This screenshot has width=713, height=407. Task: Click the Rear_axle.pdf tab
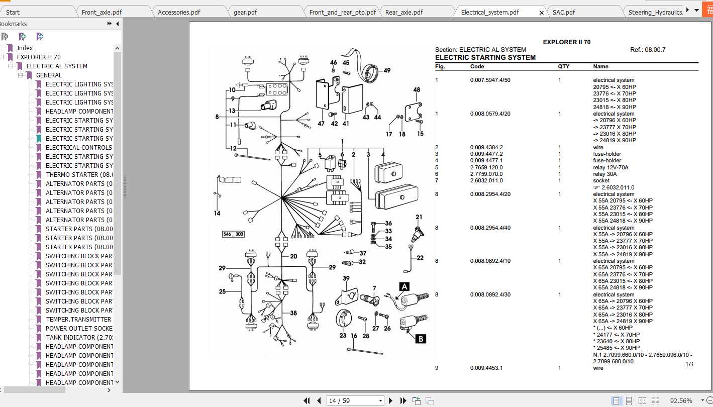click(403, 12)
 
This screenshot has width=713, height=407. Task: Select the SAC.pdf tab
click(563, 12)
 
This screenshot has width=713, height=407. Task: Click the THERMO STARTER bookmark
click(79, 174)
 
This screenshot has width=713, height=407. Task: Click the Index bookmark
click(25, 48)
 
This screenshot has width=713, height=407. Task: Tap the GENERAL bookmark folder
click(49, 75)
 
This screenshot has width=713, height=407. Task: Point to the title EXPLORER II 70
click(566, 42)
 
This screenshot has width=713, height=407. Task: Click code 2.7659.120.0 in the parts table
click(486, 167)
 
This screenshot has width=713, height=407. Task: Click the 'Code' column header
click(477, 66)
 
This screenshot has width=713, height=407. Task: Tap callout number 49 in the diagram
click(387, 70)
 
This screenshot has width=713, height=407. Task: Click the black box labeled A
click(404, 286)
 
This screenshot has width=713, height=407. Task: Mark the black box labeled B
click(421, 339)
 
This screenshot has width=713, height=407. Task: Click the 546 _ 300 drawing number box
click(233, 234)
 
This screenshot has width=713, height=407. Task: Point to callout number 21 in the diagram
click(419, 217)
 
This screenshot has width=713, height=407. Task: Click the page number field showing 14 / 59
click(355, 400)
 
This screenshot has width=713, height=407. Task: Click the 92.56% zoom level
click(681, 400)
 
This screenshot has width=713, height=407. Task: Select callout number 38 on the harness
click(293, 313)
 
